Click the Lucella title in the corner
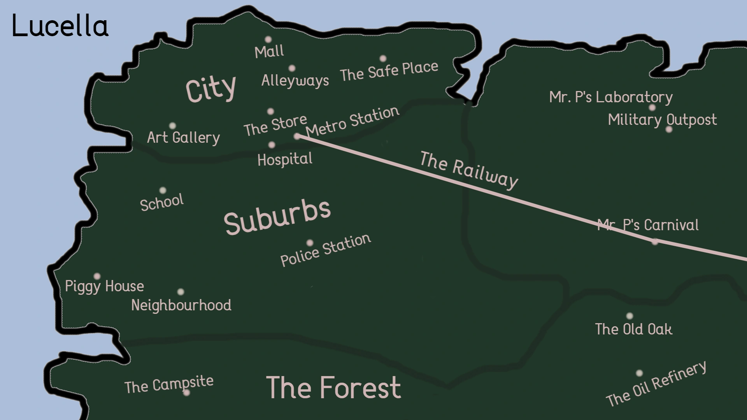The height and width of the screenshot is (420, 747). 60,26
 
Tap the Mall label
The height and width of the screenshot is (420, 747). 269,51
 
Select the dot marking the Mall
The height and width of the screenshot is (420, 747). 268,39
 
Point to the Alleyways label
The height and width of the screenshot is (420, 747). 295,80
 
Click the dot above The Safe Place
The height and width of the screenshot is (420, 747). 383,58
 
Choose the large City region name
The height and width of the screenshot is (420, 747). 210,89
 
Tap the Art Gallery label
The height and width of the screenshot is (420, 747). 183,137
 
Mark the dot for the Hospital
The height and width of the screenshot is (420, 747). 272,145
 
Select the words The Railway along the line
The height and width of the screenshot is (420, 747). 469,170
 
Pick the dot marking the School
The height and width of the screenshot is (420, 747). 163,190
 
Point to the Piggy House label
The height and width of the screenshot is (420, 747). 104,287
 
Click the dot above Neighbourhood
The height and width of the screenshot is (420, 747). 181,292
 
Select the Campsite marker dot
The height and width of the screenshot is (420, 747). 186,393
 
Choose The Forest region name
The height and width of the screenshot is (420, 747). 333,388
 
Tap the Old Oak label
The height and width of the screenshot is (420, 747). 633,329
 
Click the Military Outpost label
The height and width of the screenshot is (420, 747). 662,120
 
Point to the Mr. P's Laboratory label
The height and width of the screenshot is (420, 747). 611,97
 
